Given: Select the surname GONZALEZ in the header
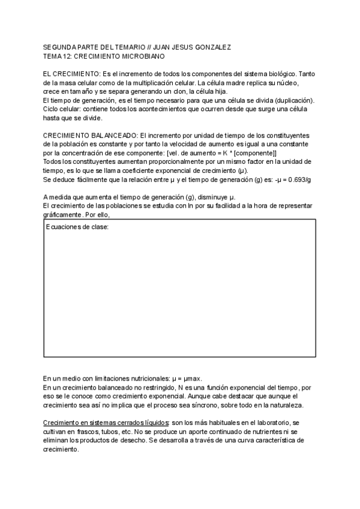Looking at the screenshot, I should coord(214,46).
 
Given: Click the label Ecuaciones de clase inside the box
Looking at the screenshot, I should coord(77,227).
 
